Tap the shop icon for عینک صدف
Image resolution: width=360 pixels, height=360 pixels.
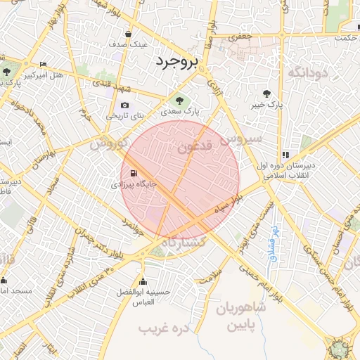(127, 34)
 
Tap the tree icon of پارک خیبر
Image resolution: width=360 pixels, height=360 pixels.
(266, 94)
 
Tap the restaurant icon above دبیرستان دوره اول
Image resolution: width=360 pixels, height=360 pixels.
(285, 155)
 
